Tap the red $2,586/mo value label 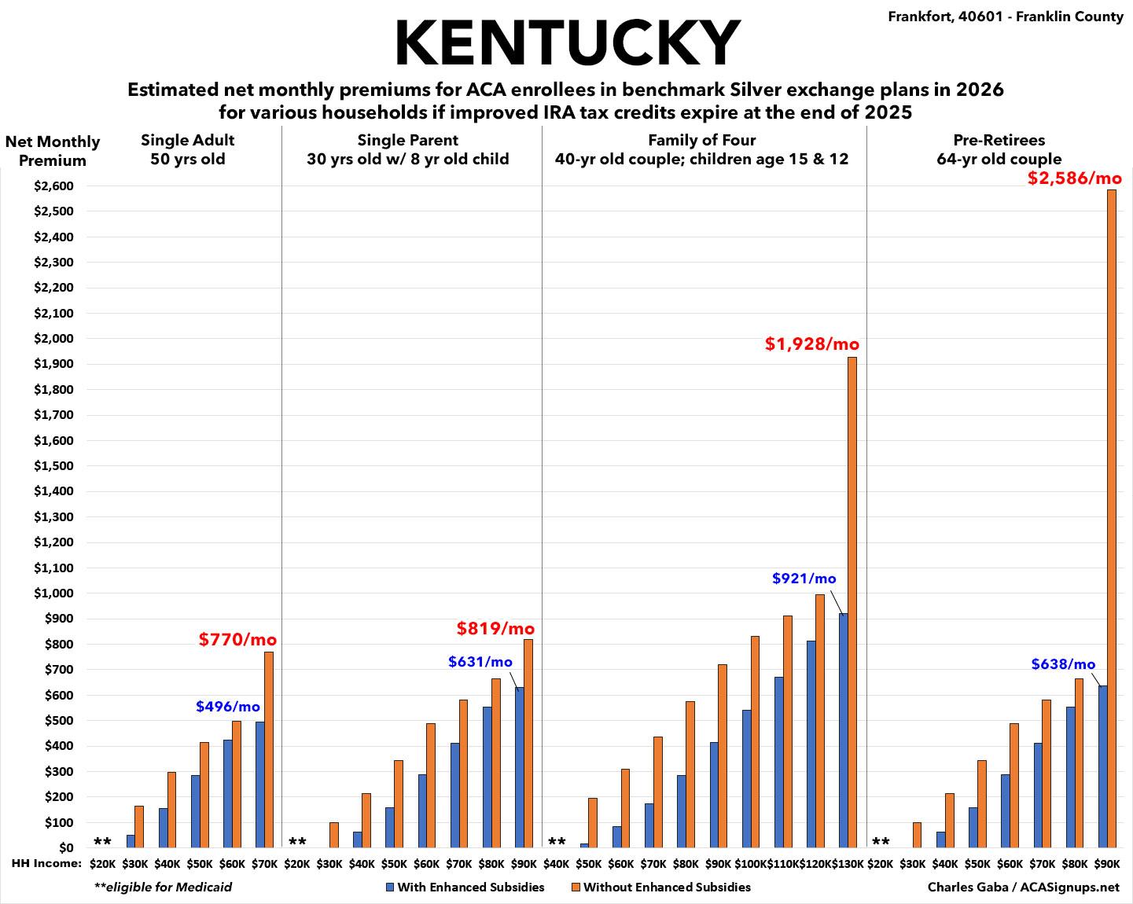[1074, 178]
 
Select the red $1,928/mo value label [812, 344]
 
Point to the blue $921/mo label [804, 579]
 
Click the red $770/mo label [237, 640]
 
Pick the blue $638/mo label [1063, 664]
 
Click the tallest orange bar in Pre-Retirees [1112, 518]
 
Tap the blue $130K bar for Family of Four [844, 730]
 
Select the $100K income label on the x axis [751, 864]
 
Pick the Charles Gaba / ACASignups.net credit [1023, 887]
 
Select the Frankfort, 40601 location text [1006, 17]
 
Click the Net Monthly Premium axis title [53, 151]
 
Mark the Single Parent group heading [407, 149]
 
